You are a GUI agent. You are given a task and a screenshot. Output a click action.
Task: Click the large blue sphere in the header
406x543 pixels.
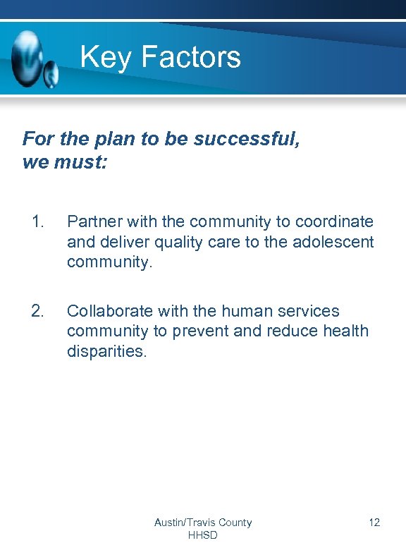pyautogui.click(x=27, y=58)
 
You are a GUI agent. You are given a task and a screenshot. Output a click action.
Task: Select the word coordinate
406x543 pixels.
pyautogui.click(x=334, y=221)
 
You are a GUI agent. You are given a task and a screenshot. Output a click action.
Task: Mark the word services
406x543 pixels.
pyautogui.click(x=310, y=311)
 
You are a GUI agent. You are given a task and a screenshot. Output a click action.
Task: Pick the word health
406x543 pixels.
pyautogui.click(x=344, y=331)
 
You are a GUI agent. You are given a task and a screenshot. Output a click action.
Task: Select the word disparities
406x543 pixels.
pyautogui.click(x=107, y=351)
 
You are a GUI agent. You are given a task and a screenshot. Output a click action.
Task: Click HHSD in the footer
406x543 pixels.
pyautogui.click(x=203, y=535)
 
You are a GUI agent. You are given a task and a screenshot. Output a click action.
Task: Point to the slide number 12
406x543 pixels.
pyautogui.click(x=374, y=523)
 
